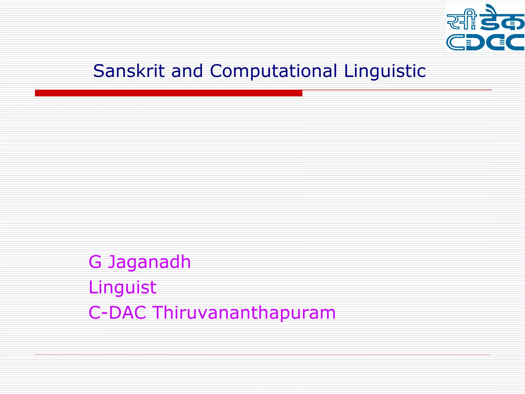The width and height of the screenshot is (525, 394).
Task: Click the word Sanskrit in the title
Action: click(x=129, y=71)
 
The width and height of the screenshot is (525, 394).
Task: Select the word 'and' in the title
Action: click(x=187, y=71)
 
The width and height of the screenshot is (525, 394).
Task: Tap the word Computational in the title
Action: click(x=273, y=71)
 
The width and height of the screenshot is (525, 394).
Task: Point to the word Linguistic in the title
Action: click(x=385, y=71)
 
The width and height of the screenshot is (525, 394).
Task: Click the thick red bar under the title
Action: click(x=168, y=93)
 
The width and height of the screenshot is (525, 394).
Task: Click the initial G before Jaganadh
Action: click(x=95, y=262)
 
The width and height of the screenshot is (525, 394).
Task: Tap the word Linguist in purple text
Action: click(x=122, y=288)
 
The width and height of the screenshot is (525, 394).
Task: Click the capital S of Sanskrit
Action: click(x=99, y=71)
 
